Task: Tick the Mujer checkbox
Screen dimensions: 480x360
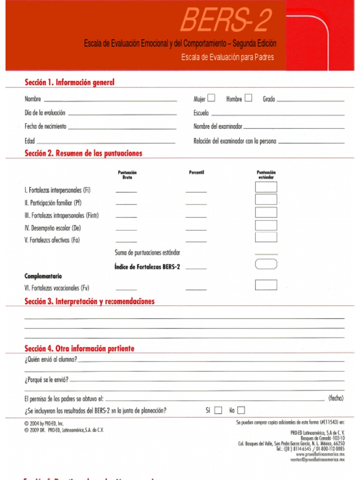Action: pos(211,98)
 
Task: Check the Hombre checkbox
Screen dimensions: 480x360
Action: pos(248,98)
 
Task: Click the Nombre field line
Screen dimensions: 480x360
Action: pos(110,100)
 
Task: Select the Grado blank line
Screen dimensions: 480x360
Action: pos(310,100)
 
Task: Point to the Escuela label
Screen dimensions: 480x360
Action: pos(201,113)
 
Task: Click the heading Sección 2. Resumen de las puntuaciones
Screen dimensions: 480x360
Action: pos(83,153)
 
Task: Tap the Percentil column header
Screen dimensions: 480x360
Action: pos(196,172)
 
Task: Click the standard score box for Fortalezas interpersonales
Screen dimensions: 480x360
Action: pos(266,187)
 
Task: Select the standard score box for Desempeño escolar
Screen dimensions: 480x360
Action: pos(266,225)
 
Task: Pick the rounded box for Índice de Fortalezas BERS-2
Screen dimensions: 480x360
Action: pos(266,264)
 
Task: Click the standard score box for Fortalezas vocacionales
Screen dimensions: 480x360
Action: pos(266,285)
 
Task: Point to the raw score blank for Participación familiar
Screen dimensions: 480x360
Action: pos(126,204)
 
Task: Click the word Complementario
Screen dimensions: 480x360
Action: pos(43,276)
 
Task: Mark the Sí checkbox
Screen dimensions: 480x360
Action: pos(218,411)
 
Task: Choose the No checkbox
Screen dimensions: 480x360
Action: pos(241,411)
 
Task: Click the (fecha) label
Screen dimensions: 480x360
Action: pos(336,398)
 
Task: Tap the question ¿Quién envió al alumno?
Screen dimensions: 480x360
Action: pos(51,360)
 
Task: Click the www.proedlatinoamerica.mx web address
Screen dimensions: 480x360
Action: pos(320,455)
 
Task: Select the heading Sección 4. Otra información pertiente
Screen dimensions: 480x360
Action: pos(79,349)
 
